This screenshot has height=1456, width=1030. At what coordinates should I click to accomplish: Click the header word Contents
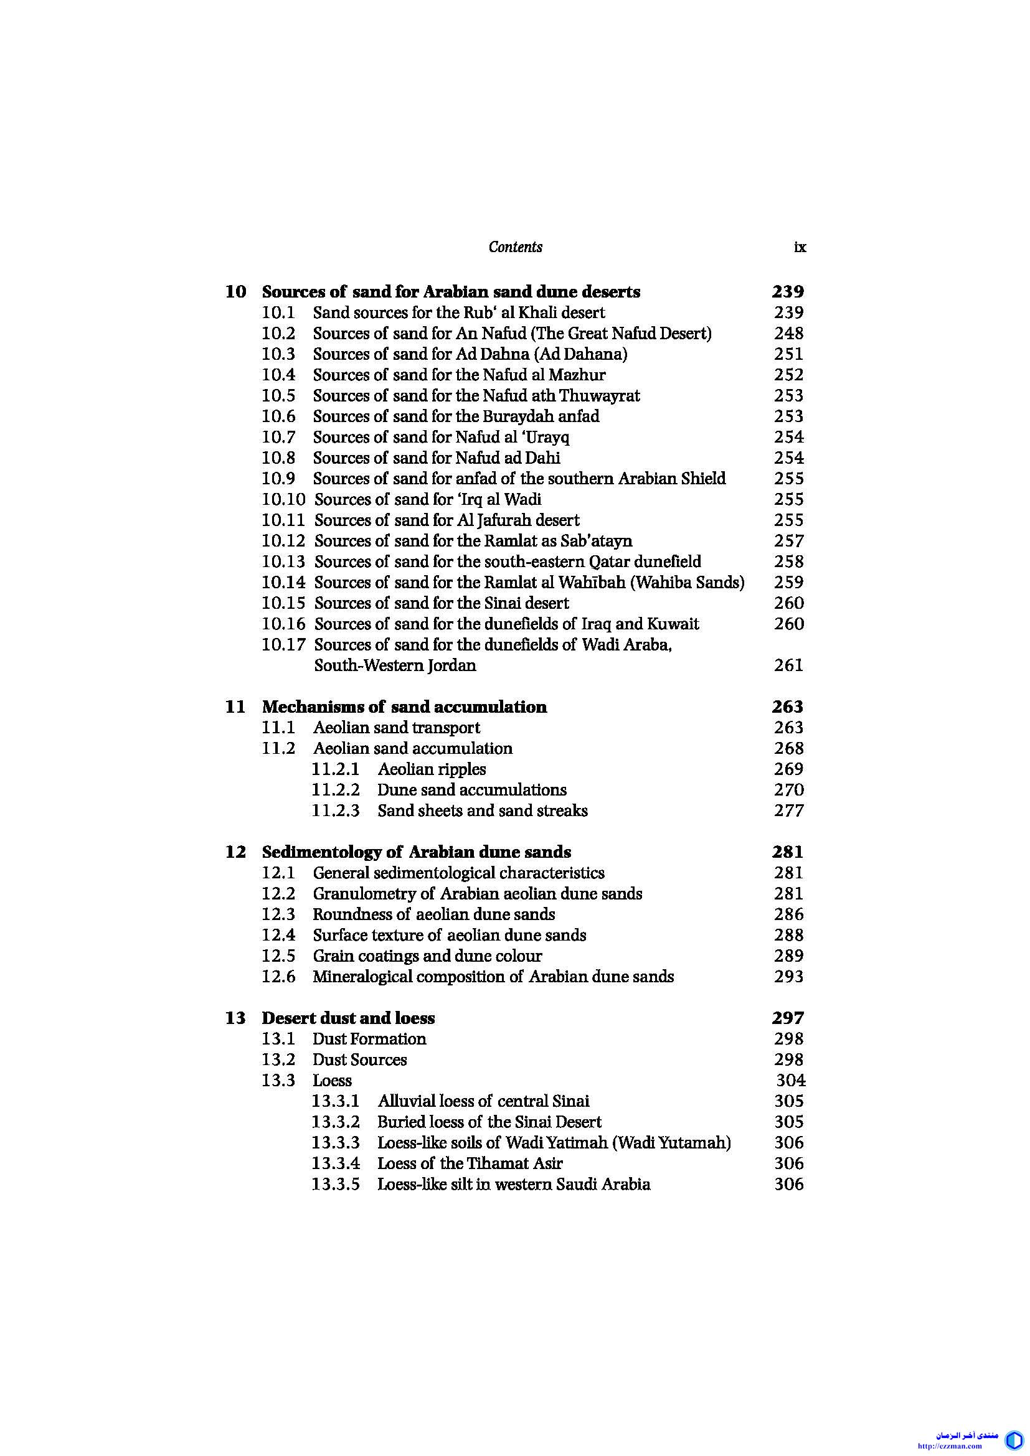click(515, 247)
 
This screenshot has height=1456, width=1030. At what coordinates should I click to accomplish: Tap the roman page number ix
click(800, 247)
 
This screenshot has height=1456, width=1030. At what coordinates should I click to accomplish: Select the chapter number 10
click(235, 292)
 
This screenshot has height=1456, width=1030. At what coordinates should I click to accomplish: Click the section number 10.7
click(278, 437)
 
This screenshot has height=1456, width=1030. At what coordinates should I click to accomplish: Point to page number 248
click(788, 333)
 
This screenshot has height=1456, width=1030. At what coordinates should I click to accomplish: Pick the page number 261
click(788, 665)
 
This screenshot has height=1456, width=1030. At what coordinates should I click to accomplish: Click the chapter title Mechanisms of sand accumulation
click(404, 707)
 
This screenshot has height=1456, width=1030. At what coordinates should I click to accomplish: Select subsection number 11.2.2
click(336, 789)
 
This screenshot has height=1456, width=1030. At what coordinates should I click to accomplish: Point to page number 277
click(788, 810)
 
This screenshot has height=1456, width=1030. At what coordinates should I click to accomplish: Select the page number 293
click(788, 976)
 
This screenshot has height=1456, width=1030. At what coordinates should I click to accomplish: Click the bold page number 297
click(788, 1018)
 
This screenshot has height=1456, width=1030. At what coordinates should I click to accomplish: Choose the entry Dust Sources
click(359, 1059)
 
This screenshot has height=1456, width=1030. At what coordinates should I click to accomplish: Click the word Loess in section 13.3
click(332, 1080)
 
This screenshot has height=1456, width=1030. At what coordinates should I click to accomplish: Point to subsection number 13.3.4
click(336, 1163)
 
